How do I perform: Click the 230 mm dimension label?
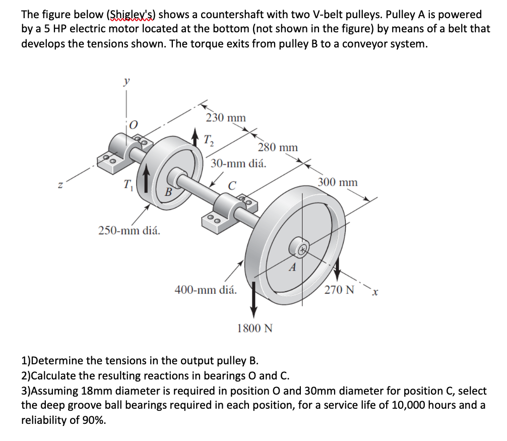(226, 118)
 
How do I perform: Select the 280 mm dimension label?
(278, 147)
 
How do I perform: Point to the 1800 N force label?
(255, 328)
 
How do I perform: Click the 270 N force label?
(339, 290)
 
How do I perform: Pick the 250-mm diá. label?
(129, 231)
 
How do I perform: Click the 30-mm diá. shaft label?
(238, 163)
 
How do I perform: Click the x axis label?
(375, 292)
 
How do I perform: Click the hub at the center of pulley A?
(301, 248)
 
